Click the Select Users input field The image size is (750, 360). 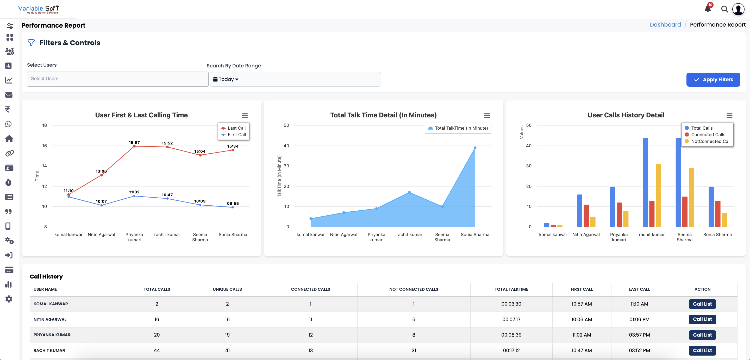tap(118, 79)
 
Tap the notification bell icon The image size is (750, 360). tap(708, 9)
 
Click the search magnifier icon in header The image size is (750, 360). tap(724, 9)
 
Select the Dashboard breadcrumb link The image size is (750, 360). tap(665, 25)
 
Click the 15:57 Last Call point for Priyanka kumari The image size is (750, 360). tap(134, 146)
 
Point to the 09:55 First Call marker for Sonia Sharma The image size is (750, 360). tap(233, 207)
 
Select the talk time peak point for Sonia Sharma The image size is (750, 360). tap(475, 148)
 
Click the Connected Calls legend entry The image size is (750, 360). tap(708, 135)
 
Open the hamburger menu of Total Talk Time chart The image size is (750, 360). tap(487, 116)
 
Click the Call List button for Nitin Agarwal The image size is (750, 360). tap(702, 319)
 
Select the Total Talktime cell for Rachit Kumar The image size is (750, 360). tap(511, 350)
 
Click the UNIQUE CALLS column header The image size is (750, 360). tap(227, 289)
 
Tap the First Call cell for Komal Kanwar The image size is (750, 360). tap(582, 304)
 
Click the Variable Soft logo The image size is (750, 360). tap(39, 9)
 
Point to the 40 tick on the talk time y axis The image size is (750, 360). tap(286, 146)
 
